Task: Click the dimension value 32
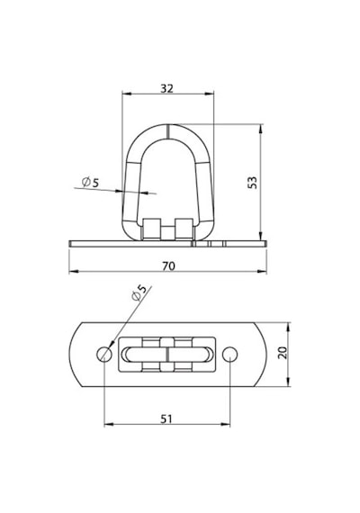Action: click(166, 88)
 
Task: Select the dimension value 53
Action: click(253, 183)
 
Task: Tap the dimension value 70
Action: click(168, 266)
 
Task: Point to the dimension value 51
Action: click(166, 418)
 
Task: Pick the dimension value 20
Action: click(283, 353)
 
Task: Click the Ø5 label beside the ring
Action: click(90, 182)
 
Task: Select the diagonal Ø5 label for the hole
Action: click(139, 292)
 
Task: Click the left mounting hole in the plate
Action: click(104, 354)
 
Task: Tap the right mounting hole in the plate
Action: click(230, 354)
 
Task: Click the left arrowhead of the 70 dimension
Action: click(73, 271)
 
